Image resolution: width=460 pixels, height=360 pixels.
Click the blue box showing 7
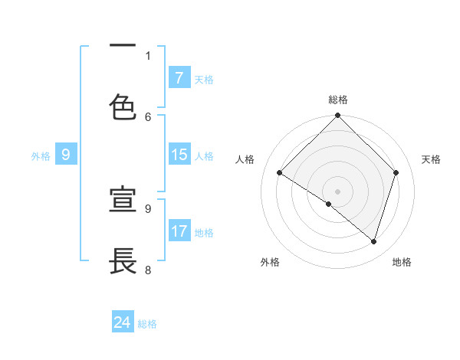[179, 77]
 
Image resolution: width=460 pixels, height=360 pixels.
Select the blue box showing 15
[179, 155]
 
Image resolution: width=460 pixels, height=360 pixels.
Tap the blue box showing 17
[179, 231]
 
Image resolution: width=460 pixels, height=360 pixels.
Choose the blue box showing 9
[66, 155]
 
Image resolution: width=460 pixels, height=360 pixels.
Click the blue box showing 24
[123, 322]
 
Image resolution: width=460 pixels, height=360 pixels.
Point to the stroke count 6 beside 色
[148, 116]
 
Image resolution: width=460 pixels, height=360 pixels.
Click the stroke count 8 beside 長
[148, 270]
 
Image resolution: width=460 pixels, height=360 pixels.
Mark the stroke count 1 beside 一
[148, 55]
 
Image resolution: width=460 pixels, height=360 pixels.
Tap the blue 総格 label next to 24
[147, 324]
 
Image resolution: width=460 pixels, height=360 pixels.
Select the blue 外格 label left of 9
[41, 156]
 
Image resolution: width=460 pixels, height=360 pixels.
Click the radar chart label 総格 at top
[338, 100]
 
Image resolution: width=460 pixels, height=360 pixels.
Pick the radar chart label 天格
[432, 159]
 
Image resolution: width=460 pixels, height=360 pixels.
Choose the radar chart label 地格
[402, 262]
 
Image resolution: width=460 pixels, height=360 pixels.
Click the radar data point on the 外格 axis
[329, 204]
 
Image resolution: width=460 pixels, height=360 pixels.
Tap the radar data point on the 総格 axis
[338, 116]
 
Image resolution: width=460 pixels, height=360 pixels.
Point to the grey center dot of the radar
[338, 191]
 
